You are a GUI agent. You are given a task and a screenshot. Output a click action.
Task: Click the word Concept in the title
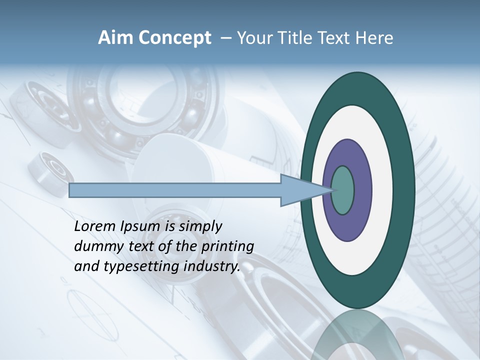(174, 38)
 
